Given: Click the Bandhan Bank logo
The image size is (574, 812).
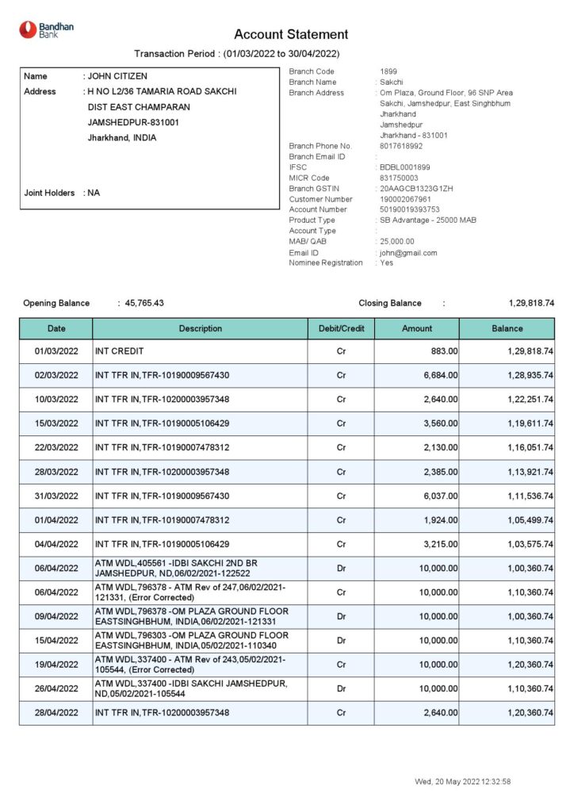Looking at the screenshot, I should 46,29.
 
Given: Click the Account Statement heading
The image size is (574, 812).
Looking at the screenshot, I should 291,35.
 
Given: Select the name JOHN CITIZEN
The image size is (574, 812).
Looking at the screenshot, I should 117,77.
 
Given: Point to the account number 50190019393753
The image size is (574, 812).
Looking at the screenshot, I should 409,210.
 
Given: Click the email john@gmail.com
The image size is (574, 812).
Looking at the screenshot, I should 408,253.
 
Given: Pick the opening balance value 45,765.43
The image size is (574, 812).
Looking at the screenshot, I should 144,304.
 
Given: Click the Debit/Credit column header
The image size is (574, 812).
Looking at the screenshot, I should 341,328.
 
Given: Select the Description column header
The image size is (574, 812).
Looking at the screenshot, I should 200,328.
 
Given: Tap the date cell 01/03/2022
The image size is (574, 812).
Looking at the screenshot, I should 56,350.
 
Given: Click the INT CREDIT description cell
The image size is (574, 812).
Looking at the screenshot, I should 120,350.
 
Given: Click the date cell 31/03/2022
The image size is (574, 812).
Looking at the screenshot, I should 56,496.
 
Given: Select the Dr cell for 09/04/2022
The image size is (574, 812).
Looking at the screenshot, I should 341,616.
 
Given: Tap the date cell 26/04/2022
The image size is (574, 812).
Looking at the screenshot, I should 56,689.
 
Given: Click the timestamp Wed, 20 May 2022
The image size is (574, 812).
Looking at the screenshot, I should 462,782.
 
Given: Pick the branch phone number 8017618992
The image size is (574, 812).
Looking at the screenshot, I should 401,146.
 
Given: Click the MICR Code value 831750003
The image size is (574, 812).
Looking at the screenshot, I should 399,178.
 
